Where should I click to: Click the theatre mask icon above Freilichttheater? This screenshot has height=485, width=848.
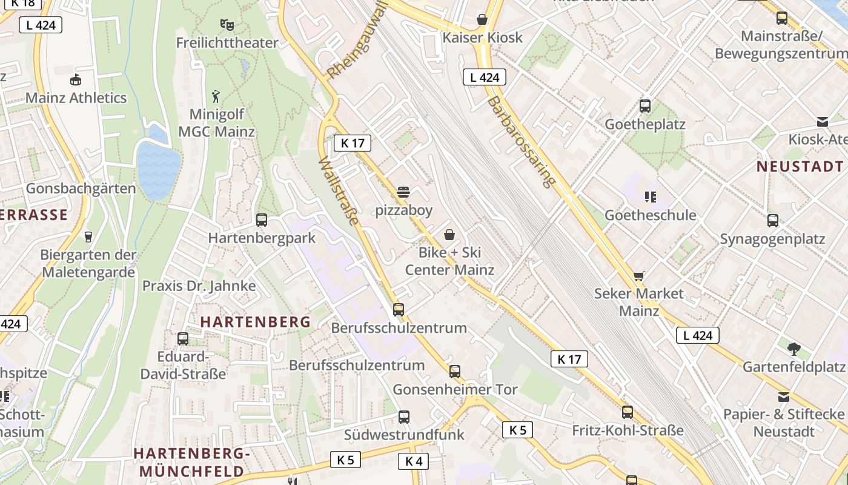(x=227, y=25)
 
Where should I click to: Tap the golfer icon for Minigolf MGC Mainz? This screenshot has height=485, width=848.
(x=216, y=96)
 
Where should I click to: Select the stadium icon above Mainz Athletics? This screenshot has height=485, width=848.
(x=76, y=79)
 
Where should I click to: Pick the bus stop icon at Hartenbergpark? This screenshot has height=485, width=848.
(x=262, y=219)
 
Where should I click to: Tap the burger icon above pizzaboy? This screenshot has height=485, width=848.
(x=403, y=193)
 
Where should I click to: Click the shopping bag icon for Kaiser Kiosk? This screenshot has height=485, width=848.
(x=482, y=19)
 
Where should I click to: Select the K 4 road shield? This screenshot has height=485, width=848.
(x=414, y=461)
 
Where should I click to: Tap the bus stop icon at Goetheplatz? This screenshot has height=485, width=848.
(x=645, y=106)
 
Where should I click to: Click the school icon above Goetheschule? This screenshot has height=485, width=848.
(x=651, y=196)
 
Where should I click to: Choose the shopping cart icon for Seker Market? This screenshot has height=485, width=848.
(x=638, y=276)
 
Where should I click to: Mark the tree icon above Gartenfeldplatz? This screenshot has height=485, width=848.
(x=793, y=349)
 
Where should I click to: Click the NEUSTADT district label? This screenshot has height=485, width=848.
(x=800, y=166)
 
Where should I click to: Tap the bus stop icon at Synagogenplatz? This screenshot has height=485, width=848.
(x=773, y=221)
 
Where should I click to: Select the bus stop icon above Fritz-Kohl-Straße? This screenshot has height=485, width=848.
(x=628, y=412)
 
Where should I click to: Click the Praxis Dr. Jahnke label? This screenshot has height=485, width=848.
(x=199, y=286)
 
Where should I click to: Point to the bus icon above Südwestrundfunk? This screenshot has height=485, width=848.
(x=404, y=417)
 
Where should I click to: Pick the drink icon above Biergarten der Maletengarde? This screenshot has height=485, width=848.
(x=88, y=236)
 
